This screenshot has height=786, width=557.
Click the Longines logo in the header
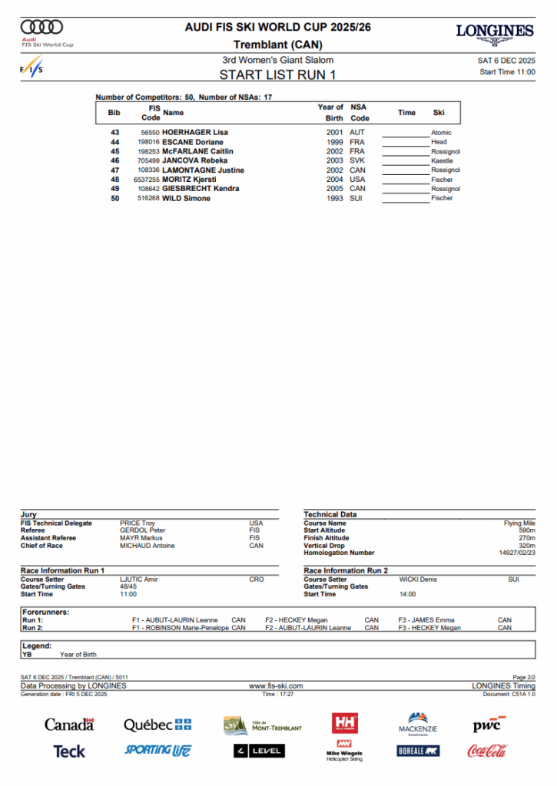pos(494,32)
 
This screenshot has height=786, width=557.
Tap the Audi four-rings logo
pos(42,27)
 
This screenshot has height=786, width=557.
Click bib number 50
pos(115,198)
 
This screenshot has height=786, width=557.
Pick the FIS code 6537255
pos(146,180)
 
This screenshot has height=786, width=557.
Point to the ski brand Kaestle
pos(442,161)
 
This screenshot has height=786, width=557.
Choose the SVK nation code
pos(357,161)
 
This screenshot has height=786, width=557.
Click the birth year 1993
pos(334,198)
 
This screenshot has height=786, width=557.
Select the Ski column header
pos(439,113)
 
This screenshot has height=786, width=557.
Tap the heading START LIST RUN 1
pos(278,74)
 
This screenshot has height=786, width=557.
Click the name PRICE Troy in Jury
pos(138,523)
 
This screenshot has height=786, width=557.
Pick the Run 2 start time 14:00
pos(408,594)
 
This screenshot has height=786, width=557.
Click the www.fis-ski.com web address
pos(276,685)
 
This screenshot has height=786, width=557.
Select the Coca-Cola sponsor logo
pos(486,750)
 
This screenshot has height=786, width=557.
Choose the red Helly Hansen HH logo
pos(345,723)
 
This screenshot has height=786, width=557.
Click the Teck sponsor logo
pos(69,751)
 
